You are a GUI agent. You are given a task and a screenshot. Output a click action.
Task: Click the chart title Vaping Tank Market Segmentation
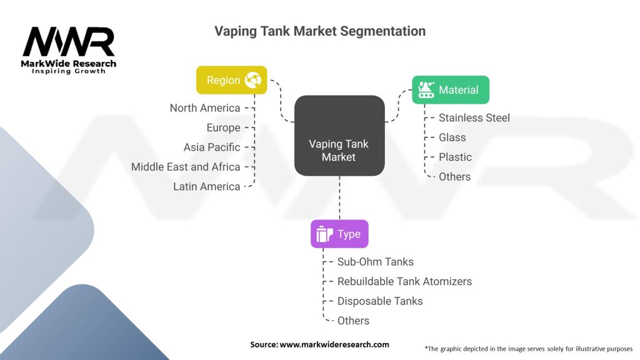tap(319, 31)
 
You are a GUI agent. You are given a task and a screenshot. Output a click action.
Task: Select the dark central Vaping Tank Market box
tap(339, 135)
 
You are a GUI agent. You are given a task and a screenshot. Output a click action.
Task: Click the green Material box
tap(450, 90)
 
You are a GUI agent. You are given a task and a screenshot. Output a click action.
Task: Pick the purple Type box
tap(339, 234)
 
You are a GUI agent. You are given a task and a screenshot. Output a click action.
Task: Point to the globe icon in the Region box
tap(254, 80)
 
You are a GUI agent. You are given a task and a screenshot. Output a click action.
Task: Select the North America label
tap(205, 108)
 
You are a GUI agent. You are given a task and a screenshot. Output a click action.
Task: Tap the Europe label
tap(223, 127)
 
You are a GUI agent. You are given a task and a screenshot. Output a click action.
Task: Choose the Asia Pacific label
tap(212, 147)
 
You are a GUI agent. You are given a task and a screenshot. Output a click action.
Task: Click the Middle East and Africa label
tap(186, 167)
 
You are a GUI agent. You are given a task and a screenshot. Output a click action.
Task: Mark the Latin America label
tap(207, 186)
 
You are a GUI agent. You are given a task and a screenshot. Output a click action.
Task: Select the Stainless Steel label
tap(474, 117)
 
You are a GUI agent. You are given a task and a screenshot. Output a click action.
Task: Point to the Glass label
tap(452, 137)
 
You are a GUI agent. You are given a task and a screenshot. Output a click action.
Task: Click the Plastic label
tap(455, 157)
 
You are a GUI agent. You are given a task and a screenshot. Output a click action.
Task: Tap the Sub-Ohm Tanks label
tap(375, 262)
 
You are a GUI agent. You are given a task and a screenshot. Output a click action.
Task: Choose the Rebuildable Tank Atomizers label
tap(404, 281)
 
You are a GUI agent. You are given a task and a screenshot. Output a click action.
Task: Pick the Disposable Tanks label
tap(380, 301)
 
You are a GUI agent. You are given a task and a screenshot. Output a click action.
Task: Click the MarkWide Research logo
tap(69, 49)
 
